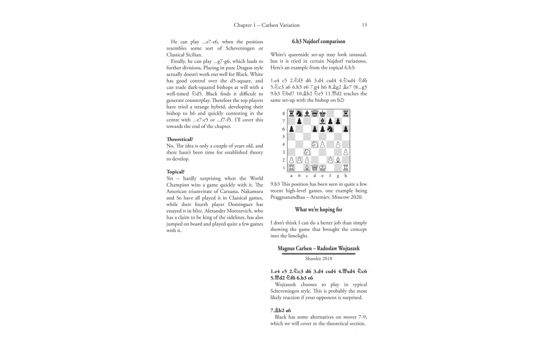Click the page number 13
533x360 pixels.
pyautogui.click(x=364, y=25)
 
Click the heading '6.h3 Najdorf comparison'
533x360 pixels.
pyautogui.click(x=318, y=41)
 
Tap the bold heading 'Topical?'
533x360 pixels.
pyautogui.click(x=175, y=172)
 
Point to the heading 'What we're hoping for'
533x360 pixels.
pyautogui.click(x=319, y=210)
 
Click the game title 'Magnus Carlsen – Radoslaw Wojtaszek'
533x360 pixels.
pyautogui.click(x=319, y=249)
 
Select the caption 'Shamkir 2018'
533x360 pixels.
pyautogui.click(x=319, y=259)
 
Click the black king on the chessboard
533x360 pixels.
pyautogui.click(x=322, y=114)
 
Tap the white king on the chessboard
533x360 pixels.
pyautogui.click(x=322, y=167)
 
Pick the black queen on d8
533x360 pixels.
pyautogui.click(x=314, y=114)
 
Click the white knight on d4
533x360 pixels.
pyautogui.click(x=314, y=144)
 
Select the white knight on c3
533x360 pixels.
pyautogui.click(x=307, y=152)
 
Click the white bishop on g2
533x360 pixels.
pyautogui.click(x=338, y=159)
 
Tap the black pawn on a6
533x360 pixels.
pyautogui.click(x=292, y=129)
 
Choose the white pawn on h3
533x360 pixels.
pyautogui.click(x=345, y=152)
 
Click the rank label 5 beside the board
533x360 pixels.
pyautogui.click(x=284, y=137)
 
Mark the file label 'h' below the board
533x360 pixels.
pyautogui.click(x=345, y=175)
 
